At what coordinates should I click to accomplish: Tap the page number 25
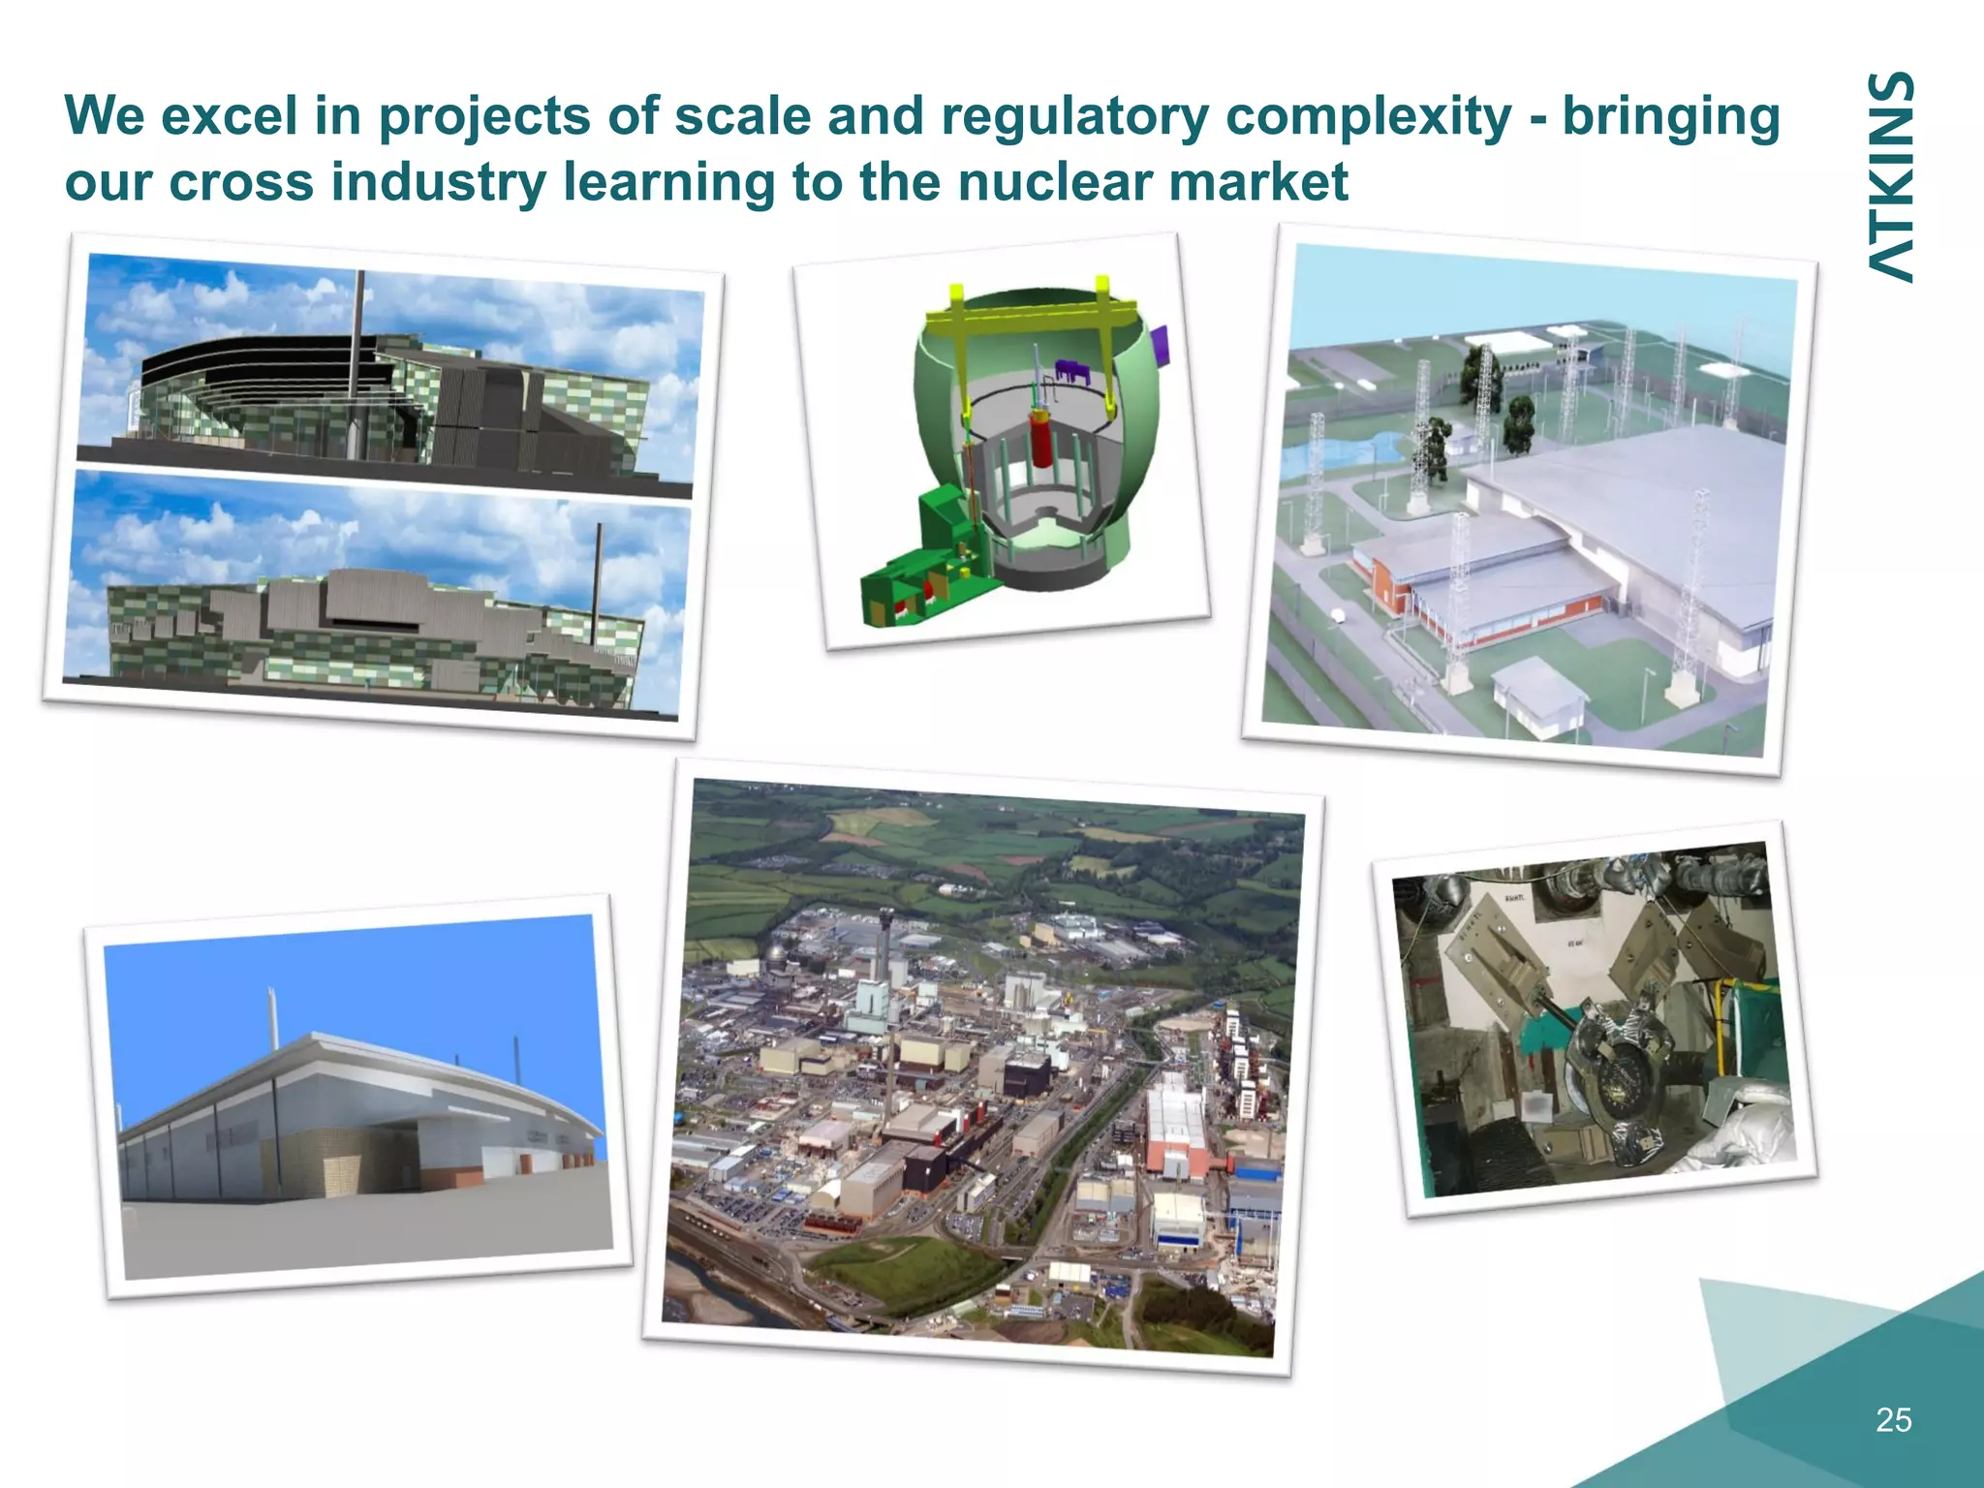click(x=1893, y=1419)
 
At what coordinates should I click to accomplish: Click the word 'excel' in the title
click(x=229, y=115)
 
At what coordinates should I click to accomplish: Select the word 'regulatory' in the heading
click(x=1074, y=117)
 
